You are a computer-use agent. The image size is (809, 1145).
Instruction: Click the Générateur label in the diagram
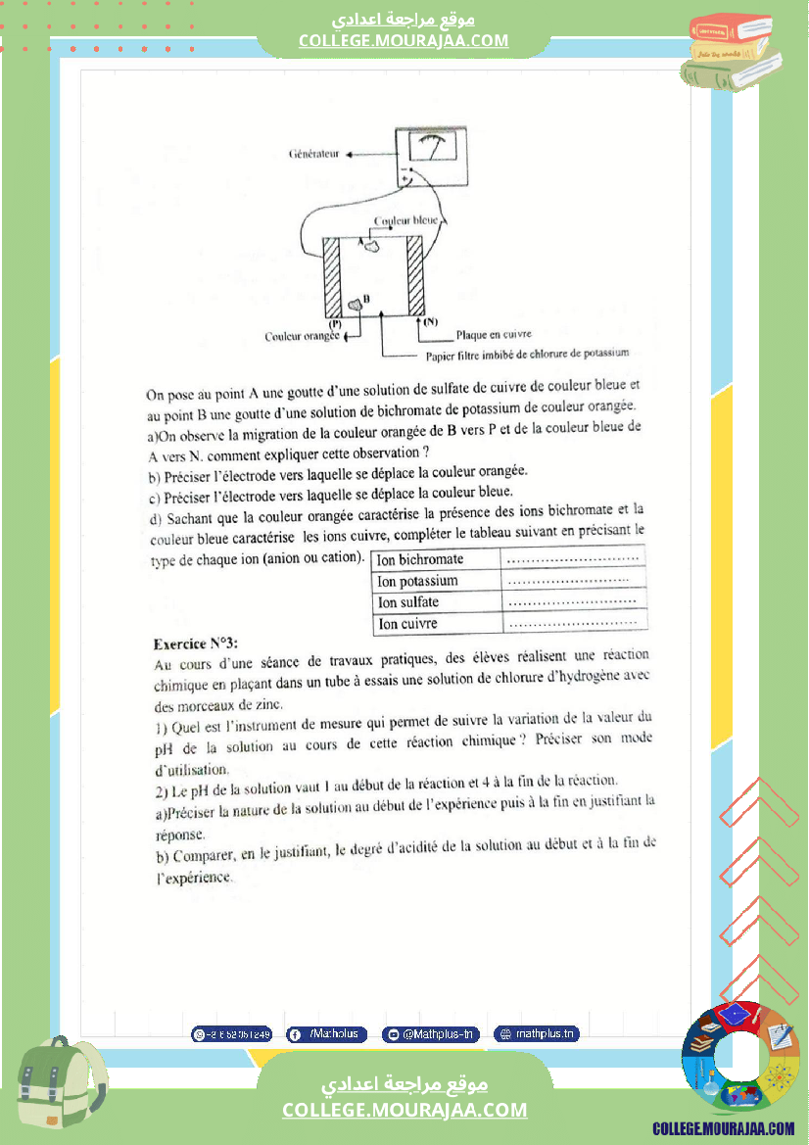[x=313, y=155]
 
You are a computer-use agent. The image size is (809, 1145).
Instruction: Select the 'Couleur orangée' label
[x=302, y=336]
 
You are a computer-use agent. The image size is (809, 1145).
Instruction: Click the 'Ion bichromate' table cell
[x=421, y=559]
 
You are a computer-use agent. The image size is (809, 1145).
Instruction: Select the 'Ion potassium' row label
[x=418, y=581]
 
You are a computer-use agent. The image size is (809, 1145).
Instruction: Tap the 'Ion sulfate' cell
[x=408, y=602]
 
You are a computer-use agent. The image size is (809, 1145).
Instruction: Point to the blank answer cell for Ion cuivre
[x=574, y=623]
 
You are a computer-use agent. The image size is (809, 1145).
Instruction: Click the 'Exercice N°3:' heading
[x=196, y=644]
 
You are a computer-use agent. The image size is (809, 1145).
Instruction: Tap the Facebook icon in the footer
[x=295, y=1034]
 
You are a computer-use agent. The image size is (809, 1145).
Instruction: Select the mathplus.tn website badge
[x=538, y=1033]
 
